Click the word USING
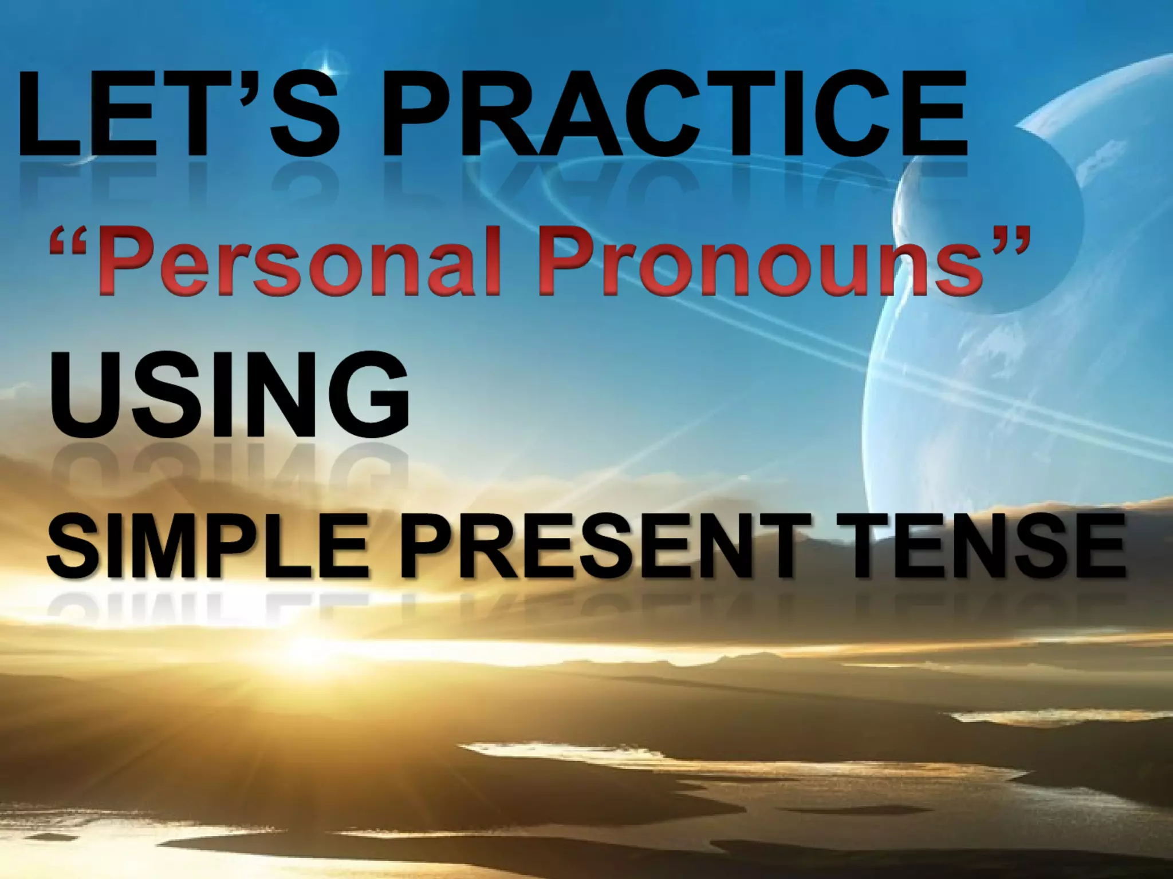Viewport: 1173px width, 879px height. [x=230, y=395]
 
